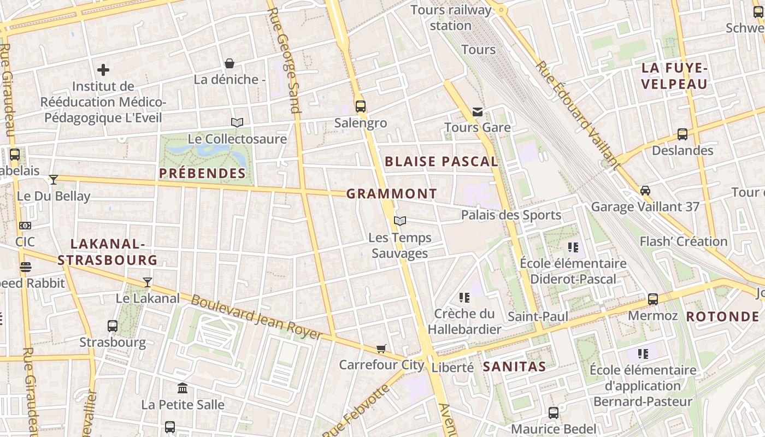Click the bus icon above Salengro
[360, 106]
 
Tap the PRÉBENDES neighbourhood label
[202, 174]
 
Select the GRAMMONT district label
[392, 194]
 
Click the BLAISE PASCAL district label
[442, 162]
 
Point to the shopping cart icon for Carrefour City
[381, 349]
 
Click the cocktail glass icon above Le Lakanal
[147, 282]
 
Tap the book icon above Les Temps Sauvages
[400, 221]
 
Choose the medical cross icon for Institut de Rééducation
[103, 70]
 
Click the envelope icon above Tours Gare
[478, 112]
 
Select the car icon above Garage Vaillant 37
[645, 191]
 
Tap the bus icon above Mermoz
[653, 299]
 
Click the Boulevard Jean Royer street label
[256, 317]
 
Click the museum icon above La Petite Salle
[183, 388]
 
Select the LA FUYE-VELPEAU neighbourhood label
[674, 76]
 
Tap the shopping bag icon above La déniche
[229, 63]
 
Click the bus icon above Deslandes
[682, 134]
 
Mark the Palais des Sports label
[511, 215]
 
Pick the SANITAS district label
[514, 367]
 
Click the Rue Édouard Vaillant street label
[578, 115]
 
